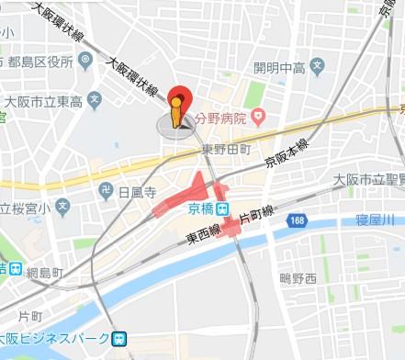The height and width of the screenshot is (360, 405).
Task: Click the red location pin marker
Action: pos(178,101)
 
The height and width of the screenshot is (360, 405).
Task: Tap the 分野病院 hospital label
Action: pos(219,118)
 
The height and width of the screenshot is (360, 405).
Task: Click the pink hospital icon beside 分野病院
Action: pos(259,118)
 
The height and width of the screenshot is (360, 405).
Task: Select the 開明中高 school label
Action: pos(279,66)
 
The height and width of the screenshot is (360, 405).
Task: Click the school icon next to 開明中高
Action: pos(317,65)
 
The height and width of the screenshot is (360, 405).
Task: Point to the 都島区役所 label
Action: pos(47,62)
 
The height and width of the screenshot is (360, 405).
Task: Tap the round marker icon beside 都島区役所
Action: pos(86,62)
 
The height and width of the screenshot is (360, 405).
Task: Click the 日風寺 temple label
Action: pos(135,192)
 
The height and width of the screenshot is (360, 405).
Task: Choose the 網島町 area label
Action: pos(45,274)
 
